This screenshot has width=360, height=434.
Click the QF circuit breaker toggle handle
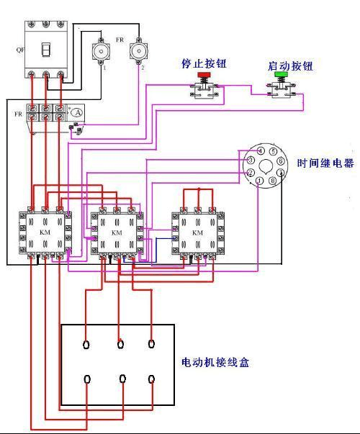[x=45, y=50]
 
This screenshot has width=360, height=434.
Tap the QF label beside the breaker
[x=19, y=50]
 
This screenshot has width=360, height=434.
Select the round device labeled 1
[x=100, y=53]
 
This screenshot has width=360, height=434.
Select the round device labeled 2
[x=138, y=52]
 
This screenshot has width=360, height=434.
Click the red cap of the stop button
[x=203, y=75]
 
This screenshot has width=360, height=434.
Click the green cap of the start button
[x=280, y=74]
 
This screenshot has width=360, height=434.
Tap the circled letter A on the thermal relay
[x=76, y=113]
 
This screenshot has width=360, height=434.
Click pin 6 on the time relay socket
[x=280, y=161]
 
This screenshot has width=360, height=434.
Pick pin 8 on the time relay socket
[x=272, y=181]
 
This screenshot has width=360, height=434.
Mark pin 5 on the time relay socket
[x=273, y=150]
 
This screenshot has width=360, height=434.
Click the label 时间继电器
[x=325, y=163]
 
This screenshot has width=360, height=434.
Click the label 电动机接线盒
[x=215, y=363]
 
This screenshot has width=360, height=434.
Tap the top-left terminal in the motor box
[x=86, y=344]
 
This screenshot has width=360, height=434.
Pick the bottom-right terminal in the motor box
[x=152, y=379]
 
